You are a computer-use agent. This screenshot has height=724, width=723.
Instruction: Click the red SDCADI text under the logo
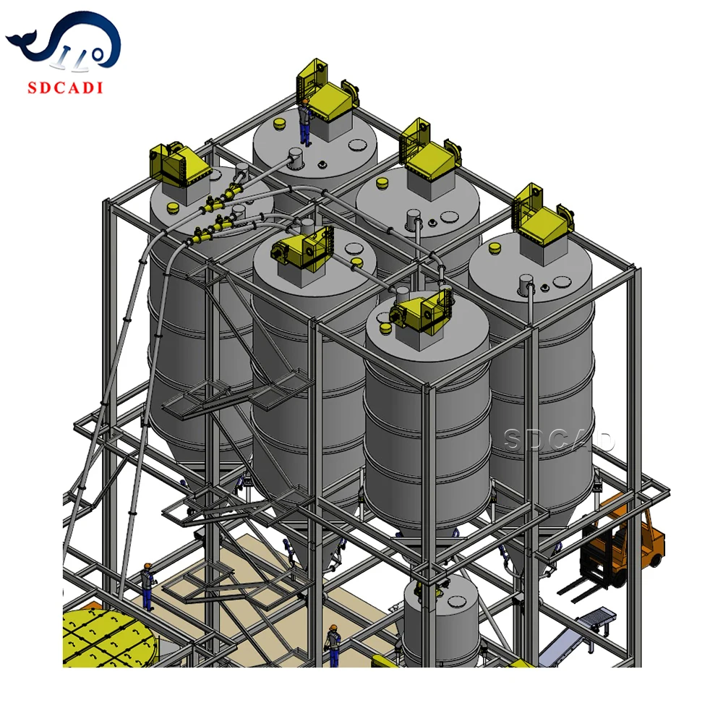point(65,88)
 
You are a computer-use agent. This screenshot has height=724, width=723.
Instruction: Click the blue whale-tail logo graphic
point(64,41)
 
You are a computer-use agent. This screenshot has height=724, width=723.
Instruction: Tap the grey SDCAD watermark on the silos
point(559,440)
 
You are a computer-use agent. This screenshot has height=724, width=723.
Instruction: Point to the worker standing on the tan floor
point(147,587)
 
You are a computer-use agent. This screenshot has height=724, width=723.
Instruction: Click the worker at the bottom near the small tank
point(333,645)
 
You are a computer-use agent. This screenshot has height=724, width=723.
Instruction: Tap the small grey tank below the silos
point(435,621)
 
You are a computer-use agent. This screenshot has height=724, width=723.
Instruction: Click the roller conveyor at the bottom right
point(577,636)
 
